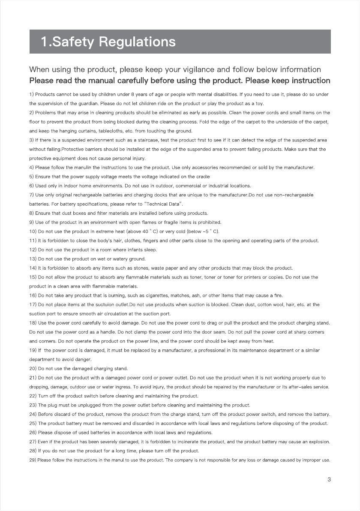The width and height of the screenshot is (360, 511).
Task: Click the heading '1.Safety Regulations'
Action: click(x=108, y=42)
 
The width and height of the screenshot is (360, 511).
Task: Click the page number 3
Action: click(x=329, y=479)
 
